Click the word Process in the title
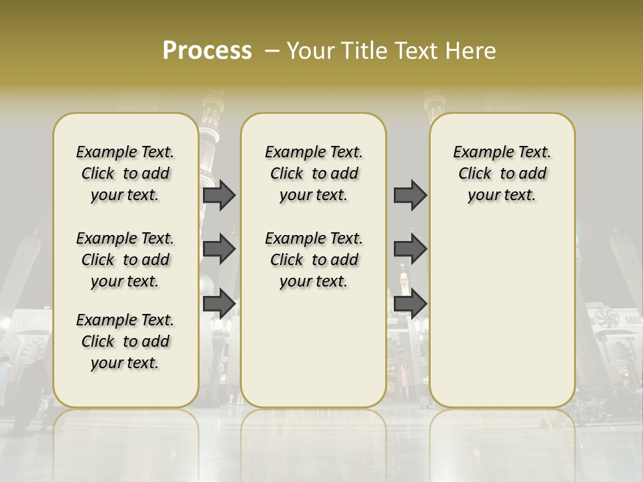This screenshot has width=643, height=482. pos(207,51)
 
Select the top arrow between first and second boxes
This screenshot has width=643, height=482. pos(219,195)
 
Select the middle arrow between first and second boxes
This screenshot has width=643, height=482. pos(219,249)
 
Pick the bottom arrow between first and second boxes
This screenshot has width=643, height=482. pos(219,303)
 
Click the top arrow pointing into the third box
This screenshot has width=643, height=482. pos(410,195)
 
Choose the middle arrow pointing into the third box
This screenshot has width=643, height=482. pos(410,249)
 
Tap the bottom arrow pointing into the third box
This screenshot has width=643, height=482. pos(410,303)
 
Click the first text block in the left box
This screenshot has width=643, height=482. pos(125,173)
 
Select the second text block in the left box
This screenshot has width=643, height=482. pos(125,260)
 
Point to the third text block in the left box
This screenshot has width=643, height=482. pos(125,341)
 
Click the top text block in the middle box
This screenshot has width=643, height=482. pos(313,173)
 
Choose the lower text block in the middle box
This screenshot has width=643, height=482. pos(313,260)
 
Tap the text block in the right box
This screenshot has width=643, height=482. pos(502,173)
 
